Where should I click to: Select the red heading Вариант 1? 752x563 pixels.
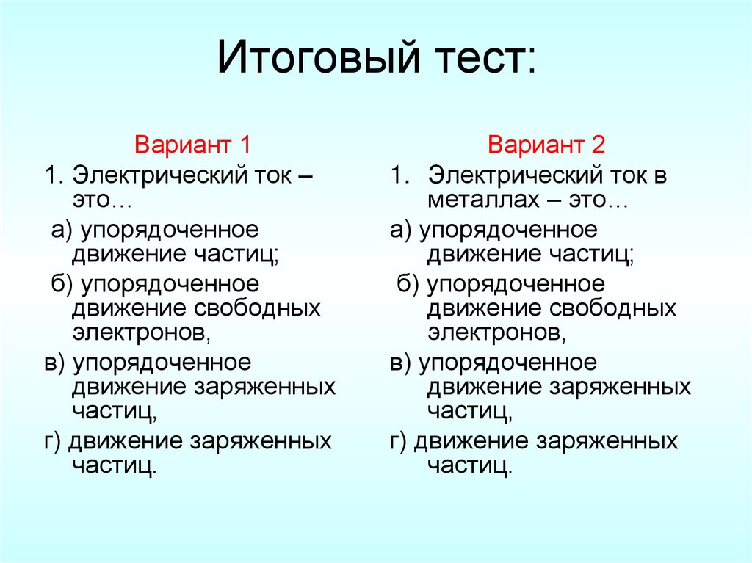193,144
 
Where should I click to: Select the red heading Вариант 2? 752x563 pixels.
546,144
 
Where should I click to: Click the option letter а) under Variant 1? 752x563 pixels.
61,230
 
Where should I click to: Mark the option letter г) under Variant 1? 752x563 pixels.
53,442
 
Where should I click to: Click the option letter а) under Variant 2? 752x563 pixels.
401,230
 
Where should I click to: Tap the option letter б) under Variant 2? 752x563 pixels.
408,283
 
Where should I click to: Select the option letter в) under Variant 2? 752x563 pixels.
401,363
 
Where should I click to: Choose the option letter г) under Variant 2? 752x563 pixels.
399,442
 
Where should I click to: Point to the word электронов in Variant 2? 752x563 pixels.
496,333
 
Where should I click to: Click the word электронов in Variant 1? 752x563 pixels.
140,333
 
